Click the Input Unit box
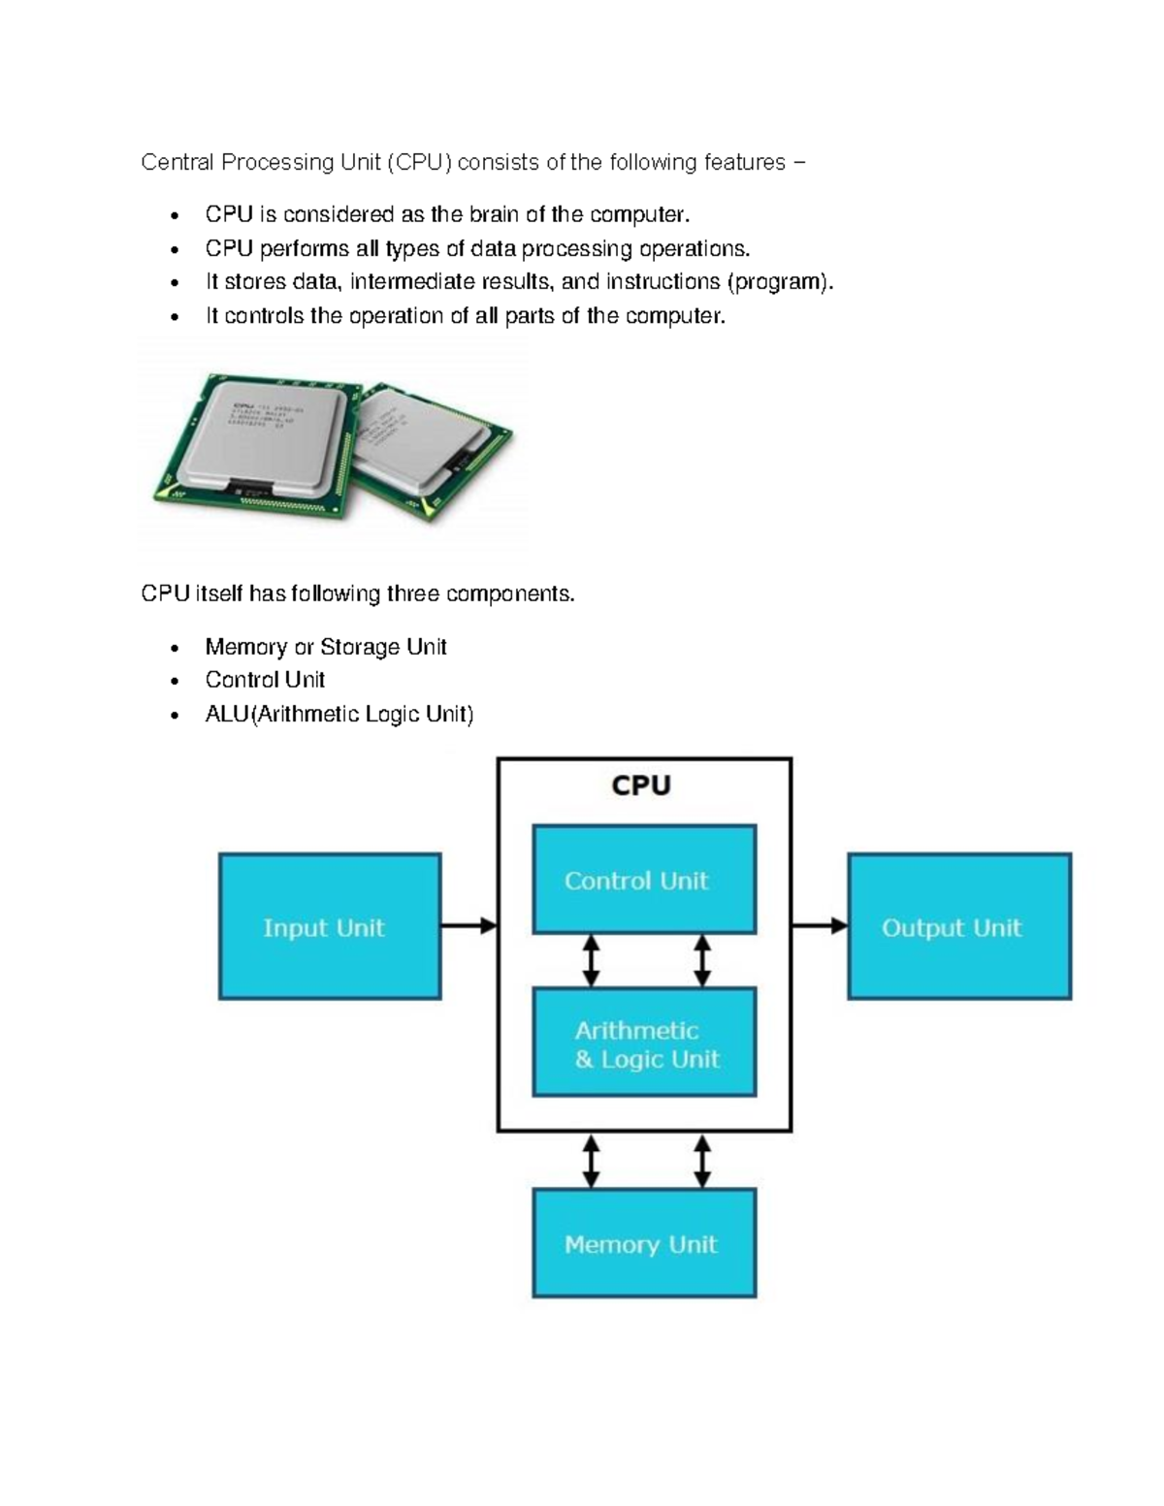tap(330, 926)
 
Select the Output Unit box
tap(959, 926)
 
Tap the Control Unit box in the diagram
tap(644, 880)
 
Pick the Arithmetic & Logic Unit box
tap(644, 1042)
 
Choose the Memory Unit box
tap(644, 1243)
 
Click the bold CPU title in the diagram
tap(641, 785)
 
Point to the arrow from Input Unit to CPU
tap(469, 926)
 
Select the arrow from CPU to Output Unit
tap(820, 926)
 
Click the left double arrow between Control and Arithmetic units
tap(590, 960)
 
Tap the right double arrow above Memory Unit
tap(702, 1162)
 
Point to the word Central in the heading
tap(177, 162)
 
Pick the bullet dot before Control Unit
tap(175, 682)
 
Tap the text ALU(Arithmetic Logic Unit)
tap(339, 715)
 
